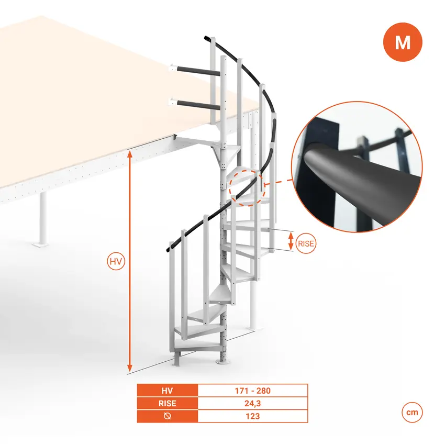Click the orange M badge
click(x=403, y=42)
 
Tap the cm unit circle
click(x=412, y=413)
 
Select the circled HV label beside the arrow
click(x=116, y=261)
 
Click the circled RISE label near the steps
click(x=306, y=243)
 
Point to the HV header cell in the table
click(x=168, y=391)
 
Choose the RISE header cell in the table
click(x=168, y=403)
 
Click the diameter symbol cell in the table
click(x=168, y=416)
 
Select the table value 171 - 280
click(x=252, y=391)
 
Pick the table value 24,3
click(x=252, y=403)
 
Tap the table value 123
click(x=252, y=416)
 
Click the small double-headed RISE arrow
click(x=291, y=241)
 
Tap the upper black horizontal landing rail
click(x=198, y=71)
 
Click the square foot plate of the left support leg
click(x=40, y=244)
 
